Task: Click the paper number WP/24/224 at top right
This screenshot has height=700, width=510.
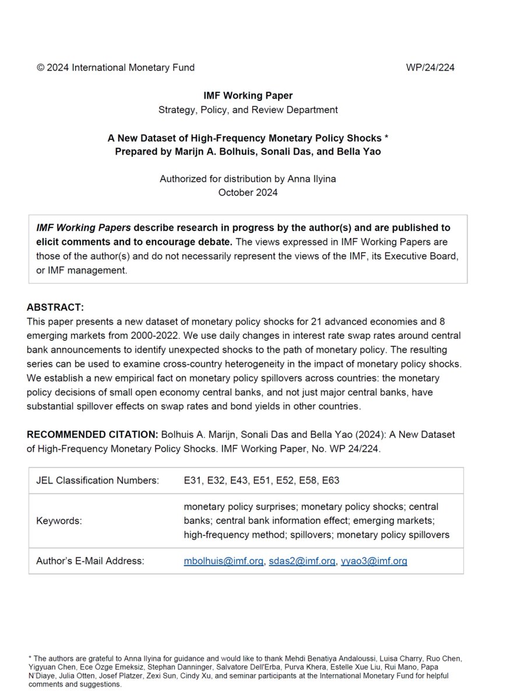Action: pos(430,67)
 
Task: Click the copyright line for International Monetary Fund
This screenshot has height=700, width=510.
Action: pos(115,67)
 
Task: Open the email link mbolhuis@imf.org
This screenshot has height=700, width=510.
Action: pos(223,561)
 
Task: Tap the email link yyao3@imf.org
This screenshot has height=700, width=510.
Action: pos(374,561)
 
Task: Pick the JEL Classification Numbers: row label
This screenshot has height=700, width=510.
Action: pos(98,481)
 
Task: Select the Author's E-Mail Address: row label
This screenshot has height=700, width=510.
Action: pos(90,561)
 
